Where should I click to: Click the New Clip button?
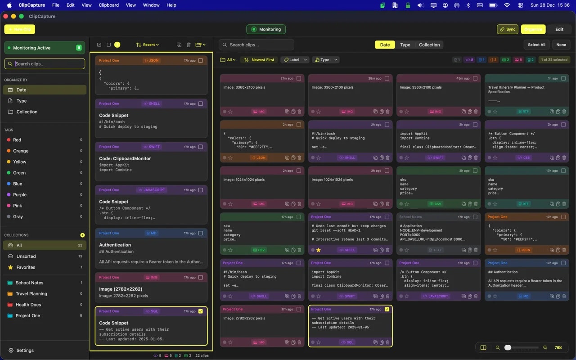(19, 29)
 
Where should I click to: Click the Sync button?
(507, 29)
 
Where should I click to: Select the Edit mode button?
(559, 29)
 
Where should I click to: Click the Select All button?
(536, 45)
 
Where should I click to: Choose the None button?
(561, 45)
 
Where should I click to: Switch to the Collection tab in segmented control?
(429, 45)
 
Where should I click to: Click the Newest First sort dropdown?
(259, 60)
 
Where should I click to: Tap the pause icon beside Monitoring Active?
(79, 48)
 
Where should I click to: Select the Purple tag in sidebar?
(20, 195)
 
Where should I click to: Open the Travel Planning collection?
(31, 294)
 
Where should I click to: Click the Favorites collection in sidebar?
(26, 267)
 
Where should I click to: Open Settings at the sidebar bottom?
(25, 351)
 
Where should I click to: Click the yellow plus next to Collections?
(82, 235)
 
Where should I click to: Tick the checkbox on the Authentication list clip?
(201, 233)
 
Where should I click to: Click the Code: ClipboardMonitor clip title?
(125, 158)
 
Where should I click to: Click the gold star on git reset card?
(319, 250)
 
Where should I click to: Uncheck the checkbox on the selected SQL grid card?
(387, 309)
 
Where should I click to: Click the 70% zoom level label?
(558, 348)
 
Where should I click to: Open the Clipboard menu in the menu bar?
(108, 5)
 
